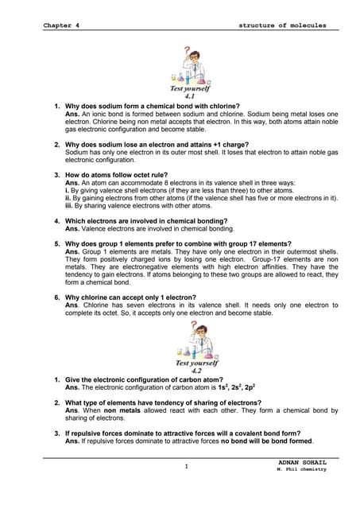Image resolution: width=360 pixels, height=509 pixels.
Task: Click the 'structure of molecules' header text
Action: tap(282, 25)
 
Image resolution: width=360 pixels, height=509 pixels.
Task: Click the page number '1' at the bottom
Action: tap(184, 467)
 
